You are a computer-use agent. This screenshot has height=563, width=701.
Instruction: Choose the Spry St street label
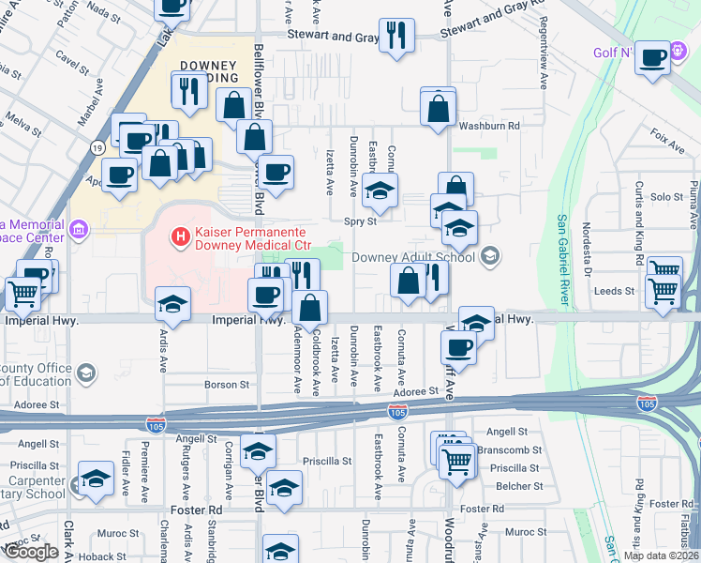click(x=360, y=222)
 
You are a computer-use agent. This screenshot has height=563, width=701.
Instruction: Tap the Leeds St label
click(x=614, y=292)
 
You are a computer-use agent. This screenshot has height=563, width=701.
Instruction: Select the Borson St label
click(x=228, y=385)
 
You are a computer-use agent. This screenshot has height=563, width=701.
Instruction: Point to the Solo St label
click(x=666, y=197)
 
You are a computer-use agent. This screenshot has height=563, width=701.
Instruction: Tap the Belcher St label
click(x=519, y=486)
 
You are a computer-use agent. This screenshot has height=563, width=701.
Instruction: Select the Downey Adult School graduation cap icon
click(x=489, y=256)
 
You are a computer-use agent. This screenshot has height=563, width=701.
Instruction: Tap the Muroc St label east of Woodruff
click(x=525, y=532)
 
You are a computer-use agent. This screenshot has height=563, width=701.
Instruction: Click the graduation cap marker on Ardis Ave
click(x=173, y=302)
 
